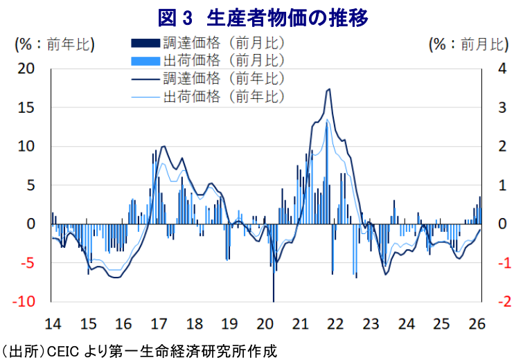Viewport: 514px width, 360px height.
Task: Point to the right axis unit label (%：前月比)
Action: [x=467, y=44]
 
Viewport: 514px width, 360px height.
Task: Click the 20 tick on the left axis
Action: [x=26, y=69]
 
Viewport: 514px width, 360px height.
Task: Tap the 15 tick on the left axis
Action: [x=26, y=108]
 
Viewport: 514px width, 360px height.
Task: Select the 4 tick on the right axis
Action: [x=495, y=69]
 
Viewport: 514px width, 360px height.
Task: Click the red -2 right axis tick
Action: [x=496, y=302]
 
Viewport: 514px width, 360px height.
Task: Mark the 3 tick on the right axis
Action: [x=495, y=108]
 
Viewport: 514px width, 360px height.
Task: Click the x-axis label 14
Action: [x=53, y=323]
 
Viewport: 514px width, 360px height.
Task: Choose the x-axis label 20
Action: [x=265, y=323]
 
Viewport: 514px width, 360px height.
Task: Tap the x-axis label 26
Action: [x=477, y=323]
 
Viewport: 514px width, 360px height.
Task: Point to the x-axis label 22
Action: [x=335, y=323]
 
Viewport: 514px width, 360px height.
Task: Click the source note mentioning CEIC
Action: [x=139, y=350]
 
